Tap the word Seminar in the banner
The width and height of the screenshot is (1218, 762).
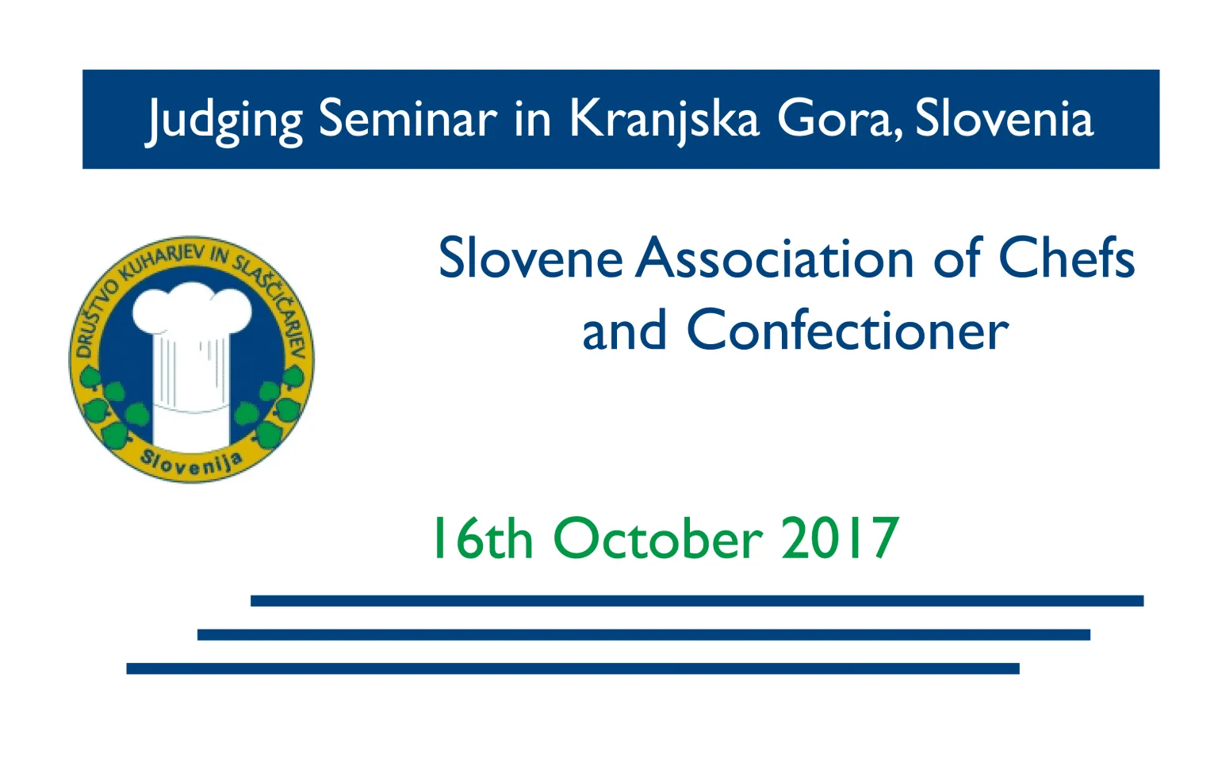tap(408, 119)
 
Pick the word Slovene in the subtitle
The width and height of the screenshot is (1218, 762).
tap(530, 258)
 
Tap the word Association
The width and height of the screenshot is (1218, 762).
tap(775, 258)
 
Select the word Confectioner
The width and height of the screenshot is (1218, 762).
tap(848, 330)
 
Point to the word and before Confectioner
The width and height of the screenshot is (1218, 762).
tap(624, 330)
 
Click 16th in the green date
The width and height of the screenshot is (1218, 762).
tap(483, 538)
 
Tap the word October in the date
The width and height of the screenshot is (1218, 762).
tap(658, 538)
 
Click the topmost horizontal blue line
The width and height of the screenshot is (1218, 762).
tap(697, 600)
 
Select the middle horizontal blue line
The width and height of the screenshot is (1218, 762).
tap(644, 634)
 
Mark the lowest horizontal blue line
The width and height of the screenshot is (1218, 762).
tap(573, 668)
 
